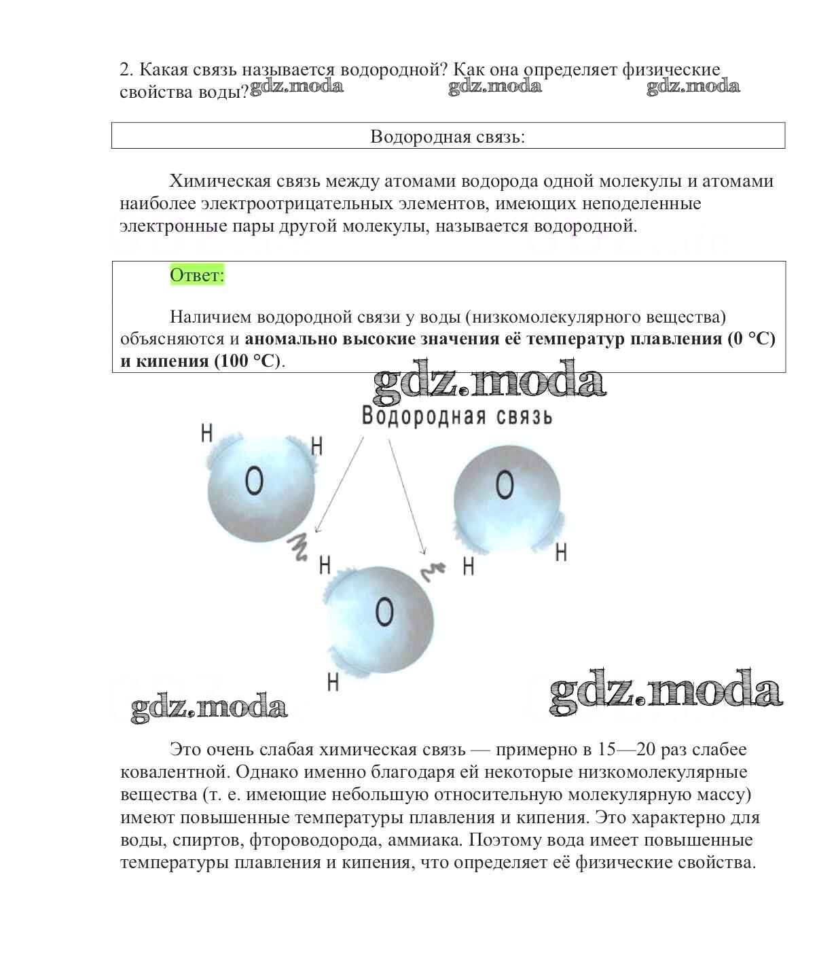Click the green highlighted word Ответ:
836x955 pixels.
tap(197, 275)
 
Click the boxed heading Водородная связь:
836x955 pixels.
tap(448, 137)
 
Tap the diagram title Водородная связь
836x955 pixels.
tap(457, 416)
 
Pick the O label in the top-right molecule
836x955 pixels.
tap(505, 485)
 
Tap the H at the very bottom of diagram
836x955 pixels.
tap(333, 681)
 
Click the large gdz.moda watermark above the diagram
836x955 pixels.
tap(489, 382)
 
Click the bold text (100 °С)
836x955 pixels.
tap(247, 361)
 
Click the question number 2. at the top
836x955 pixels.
tap(128, 69)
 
